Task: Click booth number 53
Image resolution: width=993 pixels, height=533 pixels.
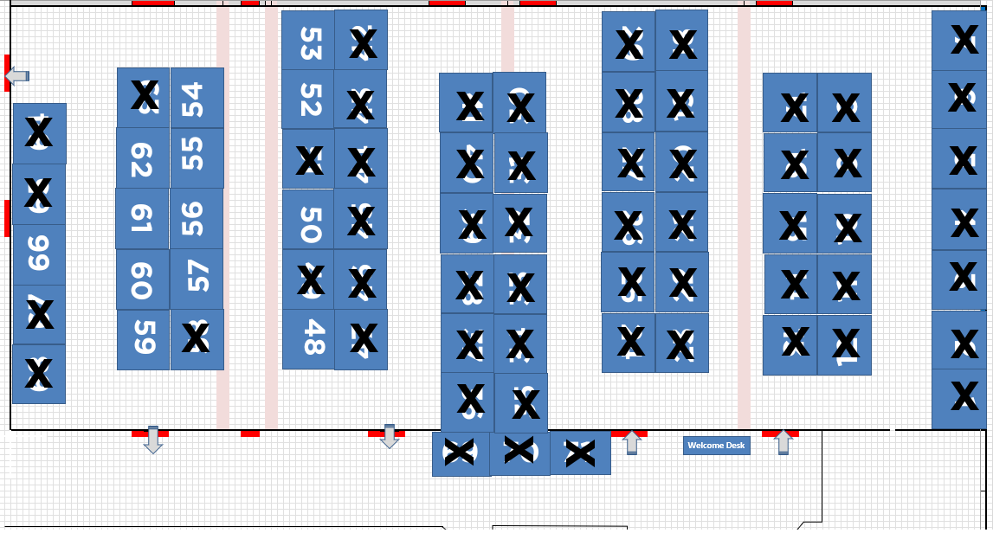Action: (308, 42)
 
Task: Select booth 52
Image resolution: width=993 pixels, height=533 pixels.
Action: (308, 100)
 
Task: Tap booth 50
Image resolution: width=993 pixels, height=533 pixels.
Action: (308, 221)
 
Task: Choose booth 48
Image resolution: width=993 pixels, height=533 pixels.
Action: (308, 338)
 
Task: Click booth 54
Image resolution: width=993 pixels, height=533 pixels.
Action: (197, 97)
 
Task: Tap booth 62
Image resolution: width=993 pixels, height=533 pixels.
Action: (143, 158)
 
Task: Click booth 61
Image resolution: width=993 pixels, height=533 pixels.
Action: (142, 219)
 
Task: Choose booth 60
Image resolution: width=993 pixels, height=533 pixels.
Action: (143, 279)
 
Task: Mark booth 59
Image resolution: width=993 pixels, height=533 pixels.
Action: (144, 339)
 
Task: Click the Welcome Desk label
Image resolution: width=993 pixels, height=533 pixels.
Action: (716, 446)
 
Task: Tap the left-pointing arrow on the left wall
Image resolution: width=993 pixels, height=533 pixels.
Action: (16, 77)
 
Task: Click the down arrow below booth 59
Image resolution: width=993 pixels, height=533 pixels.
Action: (153, 440)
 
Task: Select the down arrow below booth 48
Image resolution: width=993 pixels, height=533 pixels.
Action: (390, 437)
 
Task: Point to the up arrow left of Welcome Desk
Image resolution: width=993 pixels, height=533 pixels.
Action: (632, 442)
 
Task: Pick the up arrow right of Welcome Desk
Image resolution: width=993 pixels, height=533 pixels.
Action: (783, 442)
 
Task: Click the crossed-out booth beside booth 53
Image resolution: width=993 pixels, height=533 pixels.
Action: (362, 42)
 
